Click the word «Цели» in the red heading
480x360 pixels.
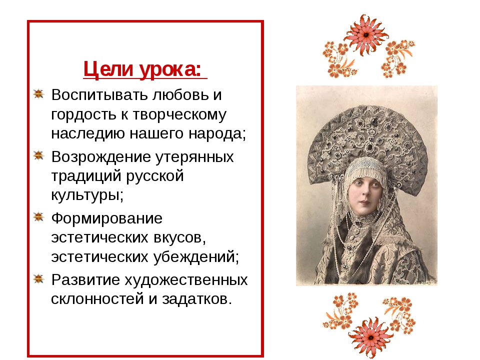pyautogui.click(x=108, y=69)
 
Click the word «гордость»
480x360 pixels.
pyautogui.click(x=83, y=115)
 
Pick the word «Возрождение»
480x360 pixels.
pyautogui.click(x=101, y=157)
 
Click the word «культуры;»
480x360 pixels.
pyautogui.click(x=87, y=195)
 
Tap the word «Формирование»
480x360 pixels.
pyautogui.click(x=107, y=218)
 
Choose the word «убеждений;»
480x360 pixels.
pyautogui.click(x=196, y=256)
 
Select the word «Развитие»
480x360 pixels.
pyautogui.click(x=85, y=279)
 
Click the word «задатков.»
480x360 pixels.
pyautogui.click(x=197, y=299)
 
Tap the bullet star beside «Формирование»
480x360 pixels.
pyautogui.click(x=38, y=217)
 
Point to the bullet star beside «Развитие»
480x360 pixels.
pyautogui.click(x=38, y=278)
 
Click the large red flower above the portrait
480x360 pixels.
pyautogui.click(x=366, y=34)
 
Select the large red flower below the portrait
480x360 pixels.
pyautogui.click(x=370, y=337)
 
